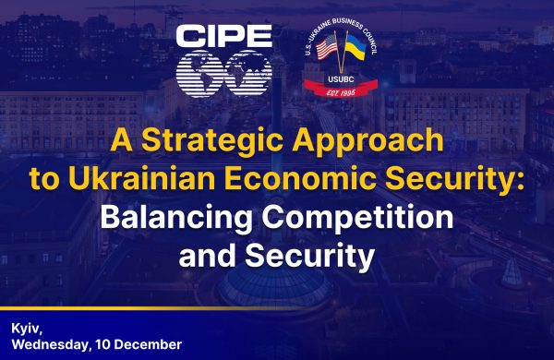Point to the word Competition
[x=352, y=218]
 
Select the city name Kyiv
[x=27, y=328]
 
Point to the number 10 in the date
[x=103, y=344]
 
